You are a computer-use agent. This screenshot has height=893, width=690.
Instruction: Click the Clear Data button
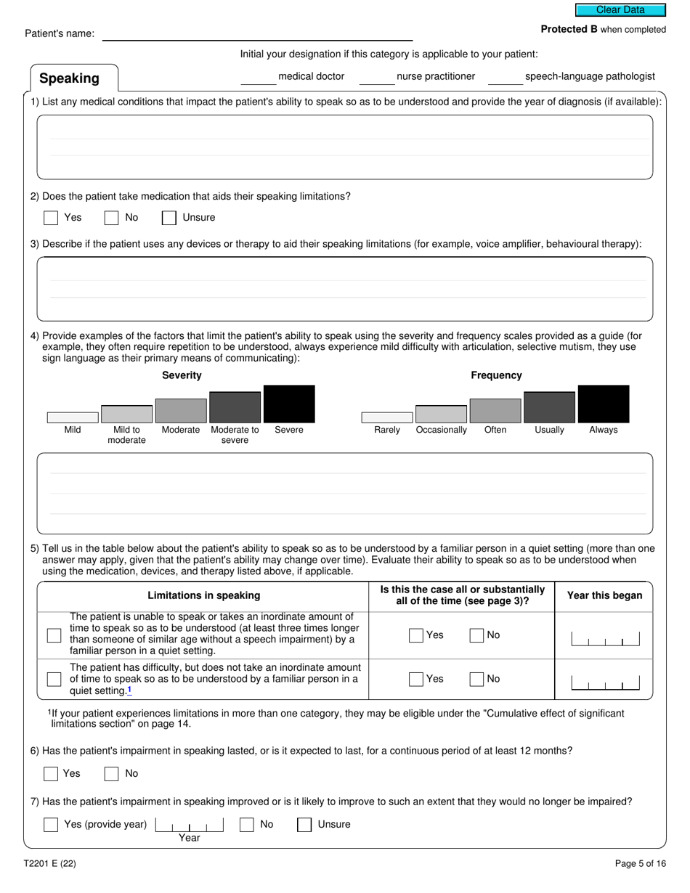pos(620,10)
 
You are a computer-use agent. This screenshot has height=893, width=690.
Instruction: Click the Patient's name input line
pos(257,34)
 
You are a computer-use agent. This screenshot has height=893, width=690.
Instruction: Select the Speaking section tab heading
pos(70,78)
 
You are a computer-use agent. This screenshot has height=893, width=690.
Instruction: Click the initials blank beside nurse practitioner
pos(376,77)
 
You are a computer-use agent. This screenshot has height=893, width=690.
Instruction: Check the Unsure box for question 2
pos(169,218)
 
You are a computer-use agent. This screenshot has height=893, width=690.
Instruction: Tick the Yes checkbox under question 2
pos(51,218)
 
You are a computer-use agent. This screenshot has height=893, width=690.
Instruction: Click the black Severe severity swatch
pos(289,404)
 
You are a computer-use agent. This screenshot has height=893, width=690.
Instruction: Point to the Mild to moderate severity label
pos(126,435)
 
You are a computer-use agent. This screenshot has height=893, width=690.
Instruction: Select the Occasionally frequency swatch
pos(441,414)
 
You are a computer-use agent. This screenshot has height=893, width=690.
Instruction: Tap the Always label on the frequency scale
pos(603,430)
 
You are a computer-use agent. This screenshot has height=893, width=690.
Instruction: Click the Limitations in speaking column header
pos(204,595)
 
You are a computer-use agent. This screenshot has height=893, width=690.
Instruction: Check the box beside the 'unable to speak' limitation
pos(54,635)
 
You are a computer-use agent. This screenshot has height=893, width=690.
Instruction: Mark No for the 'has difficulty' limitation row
pos(476,680)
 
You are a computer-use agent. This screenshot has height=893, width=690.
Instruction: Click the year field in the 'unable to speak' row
pos(605,639)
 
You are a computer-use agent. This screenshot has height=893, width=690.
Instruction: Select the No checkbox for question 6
pos(111,774)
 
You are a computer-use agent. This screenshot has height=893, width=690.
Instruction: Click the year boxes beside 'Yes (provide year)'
pos(189,825)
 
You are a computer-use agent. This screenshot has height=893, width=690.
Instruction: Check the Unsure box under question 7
pos(304,825)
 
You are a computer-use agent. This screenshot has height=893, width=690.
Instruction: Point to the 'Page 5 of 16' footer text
pos(640,864)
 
